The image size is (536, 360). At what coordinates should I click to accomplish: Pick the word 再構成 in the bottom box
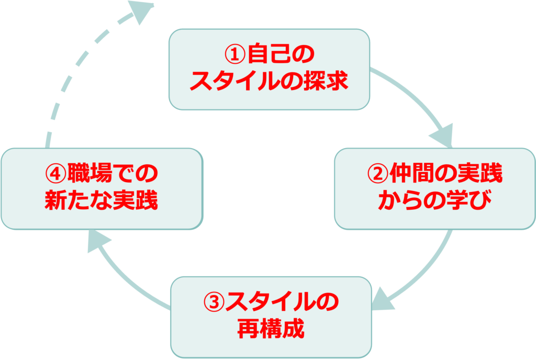(270, 330)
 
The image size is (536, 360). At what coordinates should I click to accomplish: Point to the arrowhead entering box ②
(443, 137)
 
